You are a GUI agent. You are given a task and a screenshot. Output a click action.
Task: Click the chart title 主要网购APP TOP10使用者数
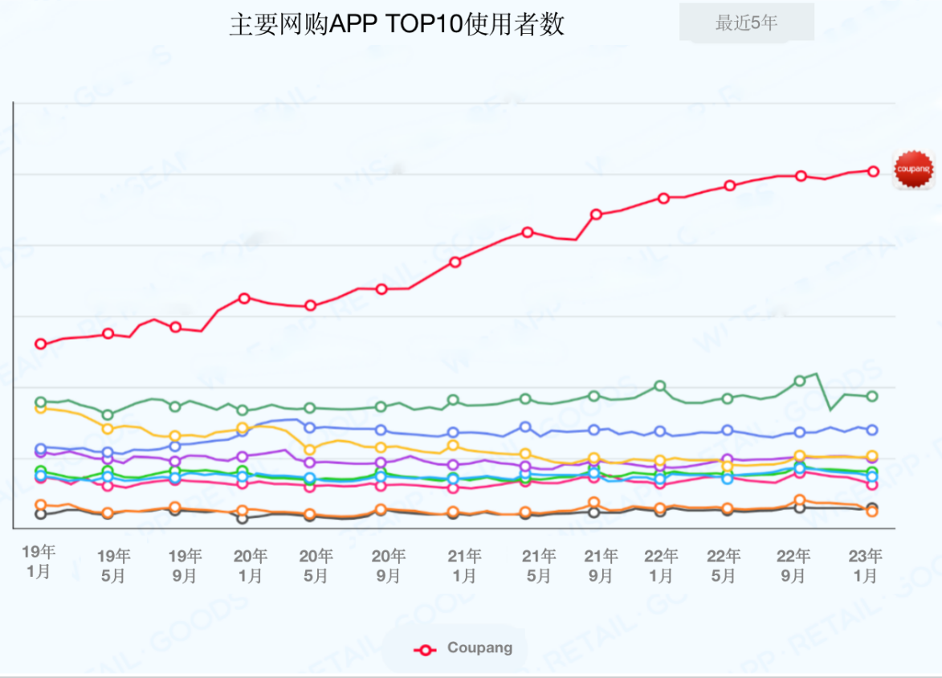[x=397, y=25]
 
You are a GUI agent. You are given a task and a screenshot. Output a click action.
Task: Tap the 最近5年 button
[x=746, y=23]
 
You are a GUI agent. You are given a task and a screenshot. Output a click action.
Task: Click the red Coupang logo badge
[x=913, y=169]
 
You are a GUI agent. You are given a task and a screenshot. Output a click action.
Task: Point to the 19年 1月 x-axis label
[x=39, y=561]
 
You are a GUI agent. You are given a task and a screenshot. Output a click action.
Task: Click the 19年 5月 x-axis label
[x=113, y=566]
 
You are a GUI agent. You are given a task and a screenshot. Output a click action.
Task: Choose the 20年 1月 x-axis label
[x=250, y=566]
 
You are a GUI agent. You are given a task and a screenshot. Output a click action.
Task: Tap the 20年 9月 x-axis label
[x=388, y=566]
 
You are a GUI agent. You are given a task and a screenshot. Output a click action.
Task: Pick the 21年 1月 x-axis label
[x=464, y=566]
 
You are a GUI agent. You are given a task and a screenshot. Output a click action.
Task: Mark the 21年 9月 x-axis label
[x=601, y=566]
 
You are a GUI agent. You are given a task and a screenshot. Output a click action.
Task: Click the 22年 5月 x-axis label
[x=724, y=566]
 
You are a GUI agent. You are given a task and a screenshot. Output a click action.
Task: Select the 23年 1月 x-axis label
[x=866, y=566]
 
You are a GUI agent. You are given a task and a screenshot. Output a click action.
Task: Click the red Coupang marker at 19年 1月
[x=41, y=344]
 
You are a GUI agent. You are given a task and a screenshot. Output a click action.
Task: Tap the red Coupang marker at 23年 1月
[x=873, y=171]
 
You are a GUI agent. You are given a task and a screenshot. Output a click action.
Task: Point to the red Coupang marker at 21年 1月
[x=455, y=262]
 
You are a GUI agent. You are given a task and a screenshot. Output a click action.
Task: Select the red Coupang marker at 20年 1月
[x=244, y=298]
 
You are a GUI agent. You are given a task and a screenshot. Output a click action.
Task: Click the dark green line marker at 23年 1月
[x=872, y=396]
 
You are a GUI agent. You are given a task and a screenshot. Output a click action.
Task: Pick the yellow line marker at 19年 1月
[x=41, y=408]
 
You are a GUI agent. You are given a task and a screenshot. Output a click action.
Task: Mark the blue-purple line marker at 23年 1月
[x=872, y=430]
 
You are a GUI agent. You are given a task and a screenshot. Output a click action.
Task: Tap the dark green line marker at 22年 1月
[x=659, y=386]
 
